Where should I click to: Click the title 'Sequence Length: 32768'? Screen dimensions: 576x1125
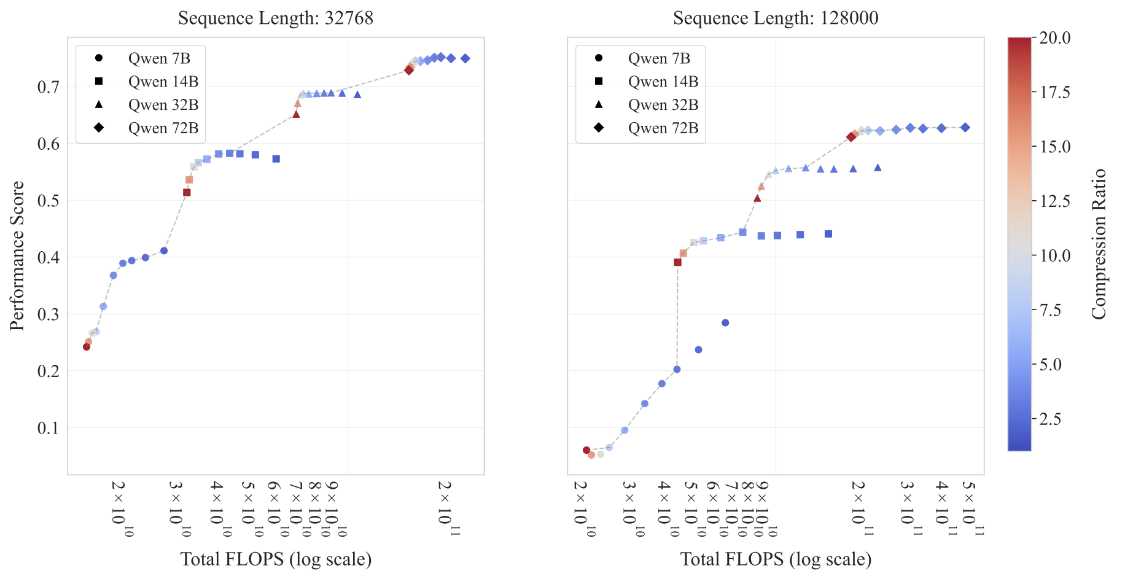pyautogui.click(x=276, y=18)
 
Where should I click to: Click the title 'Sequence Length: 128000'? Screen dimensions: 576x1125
pyautogui.click(x=776, y=18)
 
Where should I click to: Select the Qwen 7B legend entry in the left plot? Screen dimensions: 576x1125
pyautogui.click(x=159, y=58)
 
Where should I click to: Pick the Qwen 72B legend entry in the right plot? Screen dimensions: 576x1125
pyautogui.click(x=663, y=128)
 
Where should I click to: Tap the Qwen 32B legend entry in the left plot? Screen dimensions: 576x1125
pyautogui.click(x=163, y=105)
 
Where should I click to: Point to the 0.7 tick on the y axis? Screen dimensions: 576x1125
pyautogui.click(x=49, y=87)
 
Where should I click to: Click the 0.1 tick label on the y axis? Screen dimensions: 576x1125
pyautogui.click(x=49, y=427)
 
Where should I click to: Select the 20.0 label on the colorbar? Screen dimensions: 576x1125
pyautogui.click(x=1054, y=37)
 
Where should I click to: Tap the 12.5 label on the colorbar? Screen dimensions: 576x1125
pyautogui.click(x=1054, y=201)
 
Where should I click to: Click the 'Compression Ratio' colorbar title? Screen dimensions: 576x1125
pyautogui.click(x=1099, y=244)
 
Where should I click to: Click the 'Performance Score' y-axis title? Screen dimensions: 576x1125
pyautogui.click(x=17, y=255)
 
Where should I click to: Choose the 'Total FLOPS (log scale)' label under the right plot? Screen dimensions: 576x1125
pyautogui.click(x=776, y=559)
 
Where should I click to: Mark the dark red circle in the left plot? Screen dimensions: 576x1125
pyautogui.click(x=87, y=347)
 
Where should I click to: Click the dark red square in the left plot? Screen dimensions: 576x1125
pyautogui.click(x=187, y=193)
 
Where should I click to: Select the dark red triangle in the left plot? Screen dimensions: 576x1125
pyautogui.click(x=296, y=114)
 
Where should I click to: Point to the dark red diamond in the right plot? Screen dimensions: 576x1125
pyautogui.click(x=851, y=137)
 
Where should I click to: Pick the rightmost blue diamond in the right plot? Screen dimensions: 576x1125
pyautogui.click(x=965, y=128)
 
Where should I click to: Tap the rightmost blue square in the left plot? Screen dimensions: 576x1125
pyautogui.click(x=276, y=159)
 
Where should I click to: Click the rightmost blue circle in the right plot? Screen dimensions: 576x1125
pyautogui.click(x=725, y=323)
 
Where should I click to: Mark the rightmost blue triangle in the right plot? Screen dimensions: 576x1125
pyautogui.click(x=878, y=168)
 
